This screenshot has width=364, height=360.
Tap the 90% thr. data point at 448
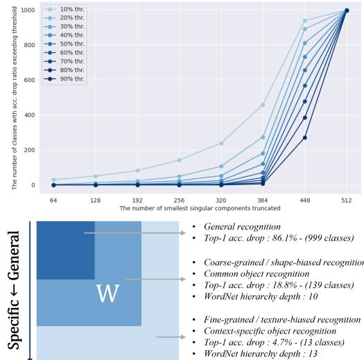(305, 137)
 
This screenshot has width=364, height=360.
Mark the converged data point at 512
(347, 10)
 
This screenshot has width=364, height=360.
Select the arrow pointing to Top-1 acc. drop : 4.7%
(173, 318)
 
